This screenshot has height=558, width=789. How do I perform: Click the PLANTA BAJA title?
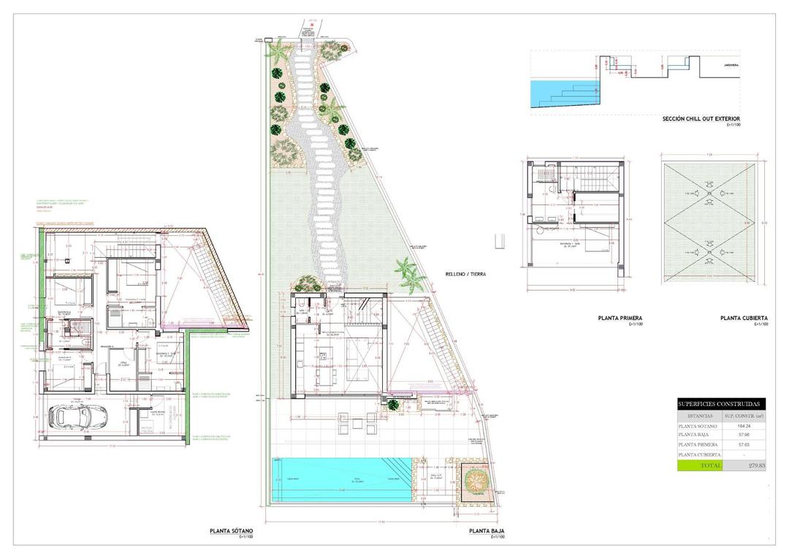point(487,531)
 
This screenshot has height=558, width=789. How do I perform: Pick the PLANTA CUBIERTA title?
point(744,318)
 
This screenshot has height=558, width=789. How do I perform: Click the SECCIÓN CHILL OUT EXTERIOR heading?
point(701,118)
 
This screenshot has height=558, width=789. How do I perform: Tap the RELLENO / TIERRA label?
point(465,275)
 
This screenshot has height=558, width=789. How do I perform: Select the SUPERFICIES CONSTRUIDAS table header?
point(718,404)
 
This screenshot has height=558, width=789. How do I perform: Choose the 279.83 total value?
point(743,465)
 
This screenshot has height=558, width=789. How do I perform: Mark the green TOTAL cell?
point(699,465)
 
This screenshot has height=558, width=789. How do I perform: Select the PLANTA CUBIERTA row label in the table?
point(699,454)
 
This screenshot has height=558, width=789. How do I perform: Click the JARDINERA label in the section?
point(730,66)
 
